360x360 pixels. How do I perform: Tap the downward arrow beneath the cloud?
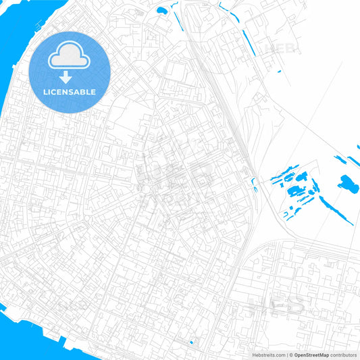tap(70, 77)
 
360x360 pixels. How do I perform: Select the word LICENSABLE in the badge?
tap(70, 92)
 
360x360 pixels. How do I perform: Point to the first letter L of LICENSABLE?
tap(45, 92)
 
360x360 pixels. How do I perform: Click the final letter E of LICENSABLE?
tap(94, 92)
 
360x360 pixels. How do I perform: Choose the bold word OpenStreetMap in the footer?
tap(311, 355)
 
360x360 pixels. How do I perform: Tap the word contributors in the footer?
tap(343, 355)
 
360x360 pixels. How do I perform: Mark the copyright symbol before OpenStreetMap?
tap(291, 355)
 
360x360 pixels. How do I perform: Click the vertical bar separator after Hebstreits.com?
tap(287, 355)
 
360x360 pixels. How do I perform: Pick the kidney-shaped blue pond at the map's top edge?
tap(161, 11)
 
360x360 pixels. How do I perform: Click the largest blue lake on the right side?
tap(348, 183)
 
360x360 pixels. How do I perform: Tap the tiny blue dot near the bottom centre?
tap(191, 342)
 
